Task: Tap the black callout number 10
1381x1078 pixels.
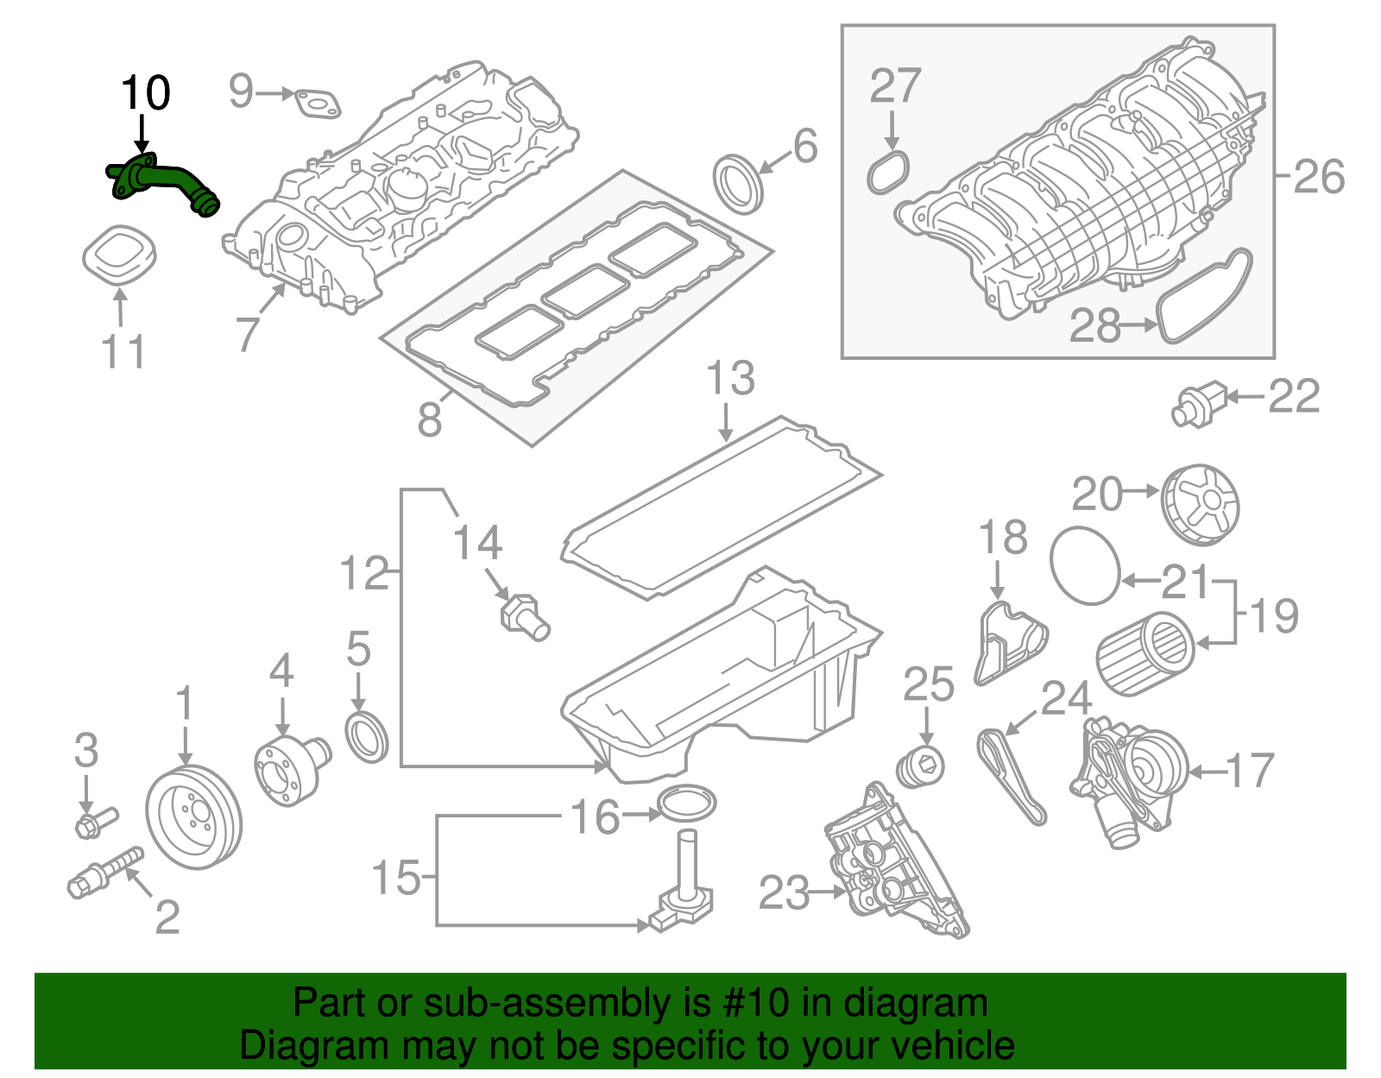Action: [145, 93]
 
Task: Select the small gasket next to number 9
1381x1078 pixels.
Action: [317, 104]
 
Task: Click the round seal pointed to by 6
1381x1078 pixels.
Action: [738, 183]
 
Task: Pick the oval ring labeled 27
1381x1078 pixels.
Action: [889, 172]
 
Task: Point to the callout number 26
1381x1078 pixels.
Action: [1318, 177]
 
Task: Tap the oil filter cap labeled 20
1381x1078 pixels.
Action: [1201, 504]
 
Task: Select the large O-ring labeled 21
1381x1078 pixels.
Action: [1085, 565]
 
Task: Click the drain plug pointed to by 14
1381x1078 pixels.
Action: [524, 616]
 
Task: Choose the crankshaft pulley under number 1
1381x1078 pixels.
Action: [194, 816]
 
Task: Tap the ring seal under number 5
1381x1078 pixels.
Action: [367, 736]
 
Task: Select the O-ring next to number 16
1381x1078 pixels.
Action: [687, 804]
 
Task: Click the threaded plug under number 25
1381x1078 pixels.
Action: [920, 767]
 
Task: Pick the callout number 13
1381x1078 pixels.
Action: [730, 380]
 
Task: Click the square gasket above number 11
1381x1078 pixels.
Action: [120, 252]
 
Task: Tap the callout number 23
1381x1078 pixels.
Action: [784, 893]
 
